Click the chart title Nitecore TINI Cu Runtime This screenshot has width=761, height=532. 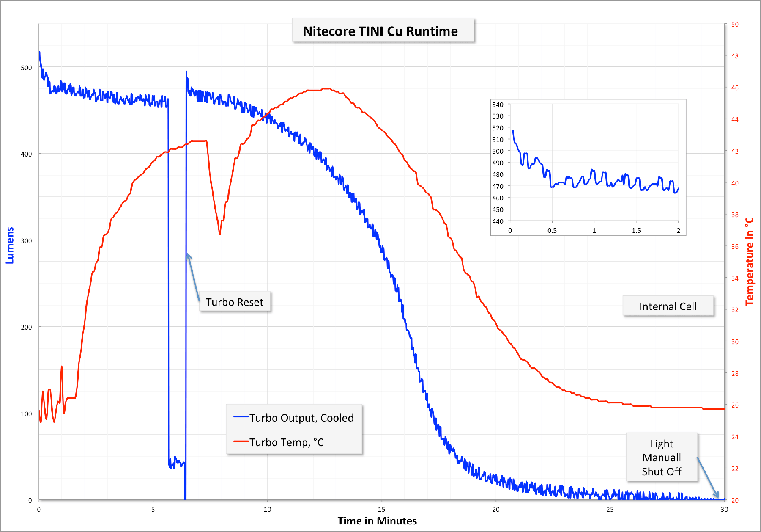(380, 31)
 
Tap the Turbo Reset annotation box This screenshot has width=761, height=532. (234, 302)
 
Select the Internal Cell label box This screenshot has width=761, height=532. (668, 306)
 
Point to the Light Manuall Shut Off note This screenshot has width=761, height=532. (662, 457)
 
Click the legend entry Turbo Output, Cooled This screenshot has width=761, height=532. (301, 418)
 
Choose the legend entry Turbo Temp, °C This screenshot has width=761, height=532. (286, 442)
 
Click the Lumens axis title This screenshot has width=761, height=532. (10, 245)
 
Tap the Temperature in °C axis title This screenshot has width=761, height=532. (749, 261)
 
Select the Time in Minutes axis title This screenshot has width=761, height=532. (377, 521)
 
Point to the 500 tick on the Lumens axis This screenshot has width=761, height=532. (26, 68)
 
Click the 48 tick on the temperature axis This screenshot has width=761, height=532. (735, 56)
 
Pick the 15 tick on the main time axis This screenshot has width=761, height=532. (381, 509)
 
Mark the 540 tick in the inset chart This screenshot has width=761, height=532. (498, 105)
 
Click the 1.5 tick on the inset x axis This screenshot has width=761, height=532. (636, 231)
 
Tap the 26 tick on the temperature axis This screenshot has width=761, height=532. (735, 405)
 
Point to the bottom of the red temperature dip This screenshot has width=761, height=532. (220, 234)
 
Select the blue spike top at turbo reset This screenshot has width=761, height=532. (186, 72)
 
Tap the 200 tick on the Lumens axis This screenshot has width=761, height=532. (26, 327)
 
